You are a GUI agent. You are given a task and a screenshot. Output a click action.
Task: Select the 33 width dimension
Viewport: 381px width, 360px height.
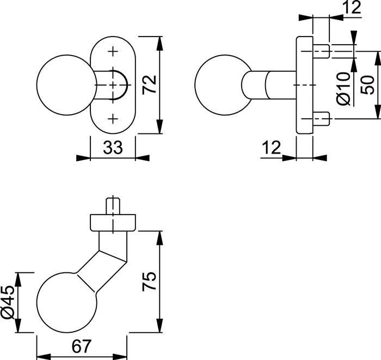coord(112,148)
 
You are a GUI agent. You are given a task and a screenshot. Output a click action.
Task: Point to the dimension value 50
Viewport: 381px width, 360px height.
coord(368,86)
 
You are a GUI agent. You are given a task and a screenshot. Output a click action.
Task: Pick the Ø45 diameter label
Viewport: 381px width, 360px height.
coord(9,303)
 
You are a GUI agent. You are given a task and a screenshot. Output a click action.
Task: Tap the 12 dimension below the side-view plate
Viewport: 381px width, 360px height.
coord(270,148)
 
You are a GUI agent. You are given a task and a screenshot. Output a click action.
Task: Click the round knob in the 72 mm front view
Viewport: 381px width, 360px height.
coord(62,86)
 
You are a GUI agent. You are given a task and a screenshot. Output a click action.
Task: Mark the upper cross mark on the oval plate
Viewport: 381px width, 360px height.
coord(113,52)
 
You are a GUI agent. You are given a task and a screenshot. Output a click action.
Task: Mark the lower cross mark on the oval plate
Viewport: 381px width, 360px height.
coord(113,119)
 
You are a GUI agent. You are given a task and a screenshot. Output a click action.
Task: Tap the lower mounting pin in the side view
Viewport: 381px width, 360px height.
coord(321,119)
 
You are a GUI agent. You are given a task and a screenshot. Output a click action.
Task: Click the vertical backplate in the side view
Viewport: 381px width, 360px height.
coord(304,86)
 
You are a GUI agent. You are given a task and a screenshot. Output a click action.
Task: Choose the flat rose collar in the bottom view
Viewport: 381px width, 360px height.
coord(113,223)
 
